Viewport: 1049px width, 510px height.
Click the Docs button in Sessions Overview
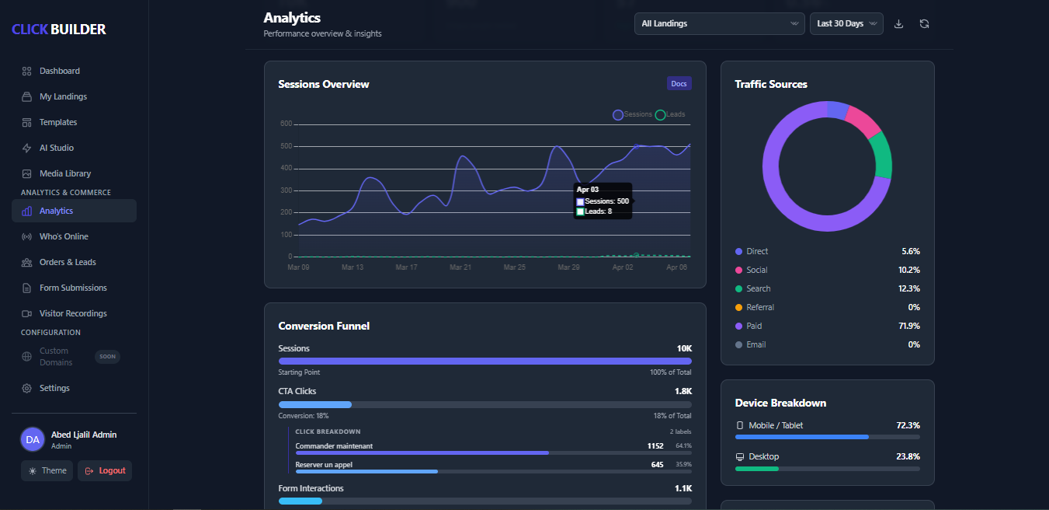coord(679,83)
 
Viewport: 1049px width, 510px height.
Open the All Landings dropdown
coord(719,23)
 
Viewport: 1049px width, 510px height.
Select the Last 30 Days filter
coord(846,23)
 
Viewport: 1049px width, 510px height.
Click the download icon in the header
coord(898,23)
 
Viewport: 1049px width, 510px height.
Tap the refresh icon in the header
coord(924,23)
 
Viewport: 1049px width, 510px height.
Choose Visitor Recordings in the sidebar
coord(73,313)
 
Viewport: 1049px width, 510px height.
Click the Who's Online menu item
coord(64,236)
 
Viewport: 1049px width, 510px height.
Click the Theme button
coord(47,470)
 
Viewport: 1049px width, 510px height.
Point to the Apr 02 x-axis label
coord(623,267)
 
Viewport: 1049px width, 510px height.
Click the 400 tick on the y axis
coord(286,168)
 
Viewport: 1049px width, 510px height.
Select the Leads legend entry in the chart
coord(671,114)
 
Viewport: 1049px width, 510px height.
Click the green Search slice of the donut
coord(883,155)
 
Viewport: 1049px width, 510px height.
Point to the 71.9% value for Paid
coord(908,326)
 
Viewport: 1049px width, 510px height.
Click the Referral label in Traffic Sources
coord(760,307)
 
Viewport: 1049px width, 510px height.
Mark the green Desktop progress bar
coord(757,468)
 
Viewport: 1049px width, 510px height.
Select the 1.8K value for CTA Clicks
coord(683,391)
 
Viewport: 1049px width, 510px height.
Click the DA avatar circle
coord(33,439)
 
